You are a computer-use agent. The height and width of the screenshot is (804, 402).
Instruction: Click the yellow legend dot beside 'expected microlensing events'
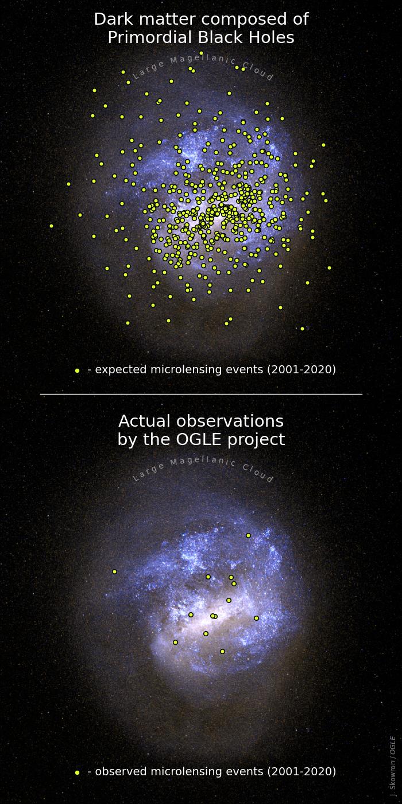[77, 370]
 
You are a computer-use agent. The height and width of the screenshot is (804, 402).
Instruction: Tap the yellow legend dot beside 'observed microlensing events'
[77, 772]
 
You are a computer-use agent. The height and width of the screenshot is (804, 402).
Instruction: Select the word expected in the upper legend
[121, 370]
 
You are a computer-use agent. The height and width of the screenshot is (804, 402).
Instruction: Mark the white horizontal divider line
[201, 394]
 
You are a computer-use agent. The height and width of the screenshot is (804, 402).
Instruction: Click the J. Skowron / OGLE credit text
[392, 768]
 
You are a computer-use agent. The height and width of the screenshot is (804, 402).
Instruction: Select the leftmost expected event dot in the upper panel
[51, 226]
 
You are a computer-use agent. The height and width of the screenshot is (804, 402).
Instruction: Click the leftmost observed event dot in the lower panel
[114, 571]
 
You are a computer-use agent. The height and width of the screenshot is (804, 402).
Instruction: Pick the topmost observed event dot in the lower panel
[248, 535]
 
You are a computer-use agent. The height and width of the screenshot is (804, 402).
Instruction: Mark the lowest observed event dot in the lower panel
[222, 651]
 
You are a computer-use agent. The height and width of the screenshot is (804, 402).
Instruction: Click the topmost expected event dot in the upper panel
[201, 53]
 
